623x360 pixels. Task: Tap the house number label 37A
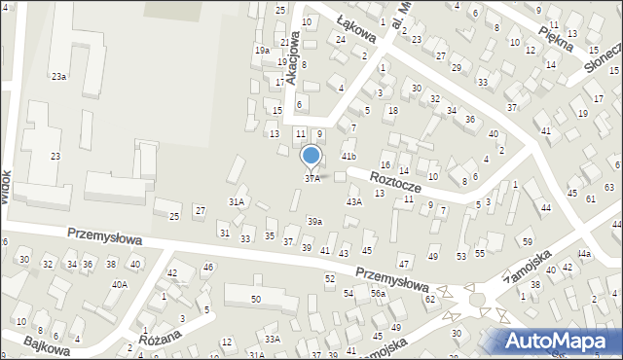(x=311, y=179)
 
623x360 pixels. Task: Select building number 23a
(x=59, y=76)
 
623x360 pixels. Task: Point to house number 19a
(x=262, y=50)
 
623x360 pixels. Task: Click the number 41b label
(x=348, y=156)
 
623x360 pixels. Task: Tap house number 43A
(x=354, y=201)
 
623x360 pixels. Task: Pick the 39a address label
(x=314, y=222)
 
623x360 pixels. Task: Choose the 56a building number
(x=378, y=293)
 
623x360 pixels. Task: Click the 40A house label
(x=119, y=285)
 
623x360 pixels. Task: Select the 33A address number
(x=273, y=339)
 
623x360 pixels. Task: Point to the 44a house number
(x=583, y=254)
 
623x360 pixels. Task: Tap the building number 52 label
(x=330, y=279)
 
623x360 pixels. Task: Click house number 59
(x=528, y=240)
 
